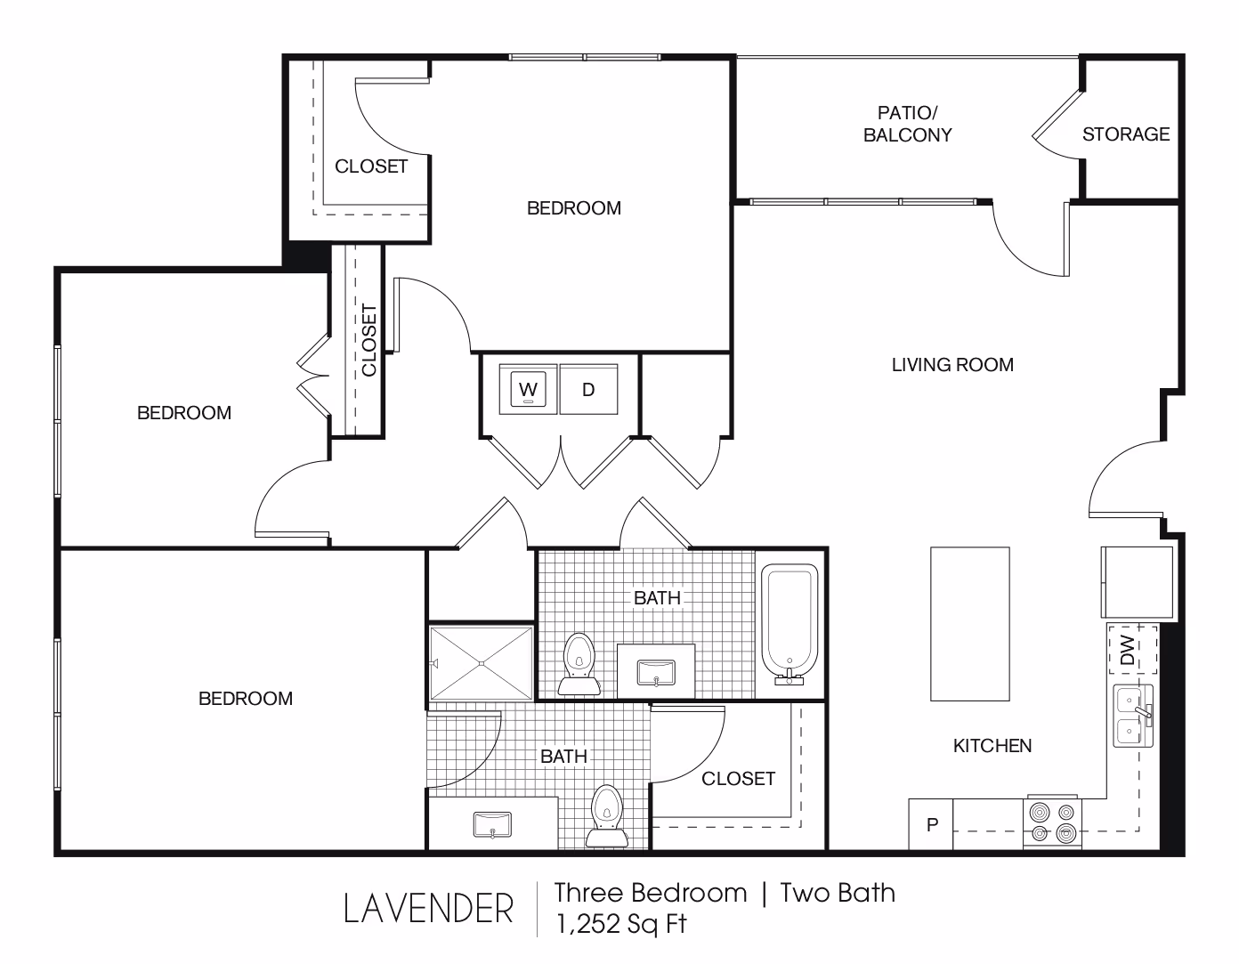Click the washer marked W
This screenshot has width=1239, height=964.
point(528,389)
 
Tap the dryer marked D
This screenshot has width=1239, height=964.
point(588,389)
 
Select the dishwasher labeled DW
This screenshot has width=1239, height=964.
point(1132,649)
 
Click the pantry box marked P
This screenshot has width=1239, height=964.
point(930,824)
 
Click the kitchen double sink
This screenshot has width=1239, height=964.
point(1133,716)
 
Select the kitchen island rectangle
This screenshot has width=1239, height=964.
point(970,624)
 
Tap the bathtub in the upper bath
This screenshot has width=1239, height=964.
point(790,624)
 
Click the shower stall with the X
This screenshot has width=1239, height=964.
point(482,663)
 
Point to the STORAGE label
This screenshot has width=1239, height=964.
point(1126,134)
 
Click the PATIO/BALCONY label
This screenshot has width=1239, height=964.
point(907,124)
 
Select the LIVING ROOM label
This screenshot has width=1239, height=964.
point(952,364)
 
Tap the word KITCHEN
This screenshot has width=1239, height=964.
point(992,745)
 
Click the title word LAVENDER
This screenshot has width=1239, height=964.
point(428,909)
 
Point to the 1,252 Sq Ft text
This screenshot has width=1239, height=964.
point(621,925)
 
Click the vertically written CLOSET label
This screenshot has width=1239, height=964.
point(368,340)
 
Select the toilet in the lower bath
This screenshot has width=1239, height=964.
point(607,816)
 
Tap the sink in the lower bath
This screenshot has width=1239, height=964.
point(492,825)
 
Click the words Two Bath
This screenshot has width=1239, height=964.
point(838,893)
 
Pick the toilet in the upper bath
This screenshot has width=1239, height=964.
point(579,663)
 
